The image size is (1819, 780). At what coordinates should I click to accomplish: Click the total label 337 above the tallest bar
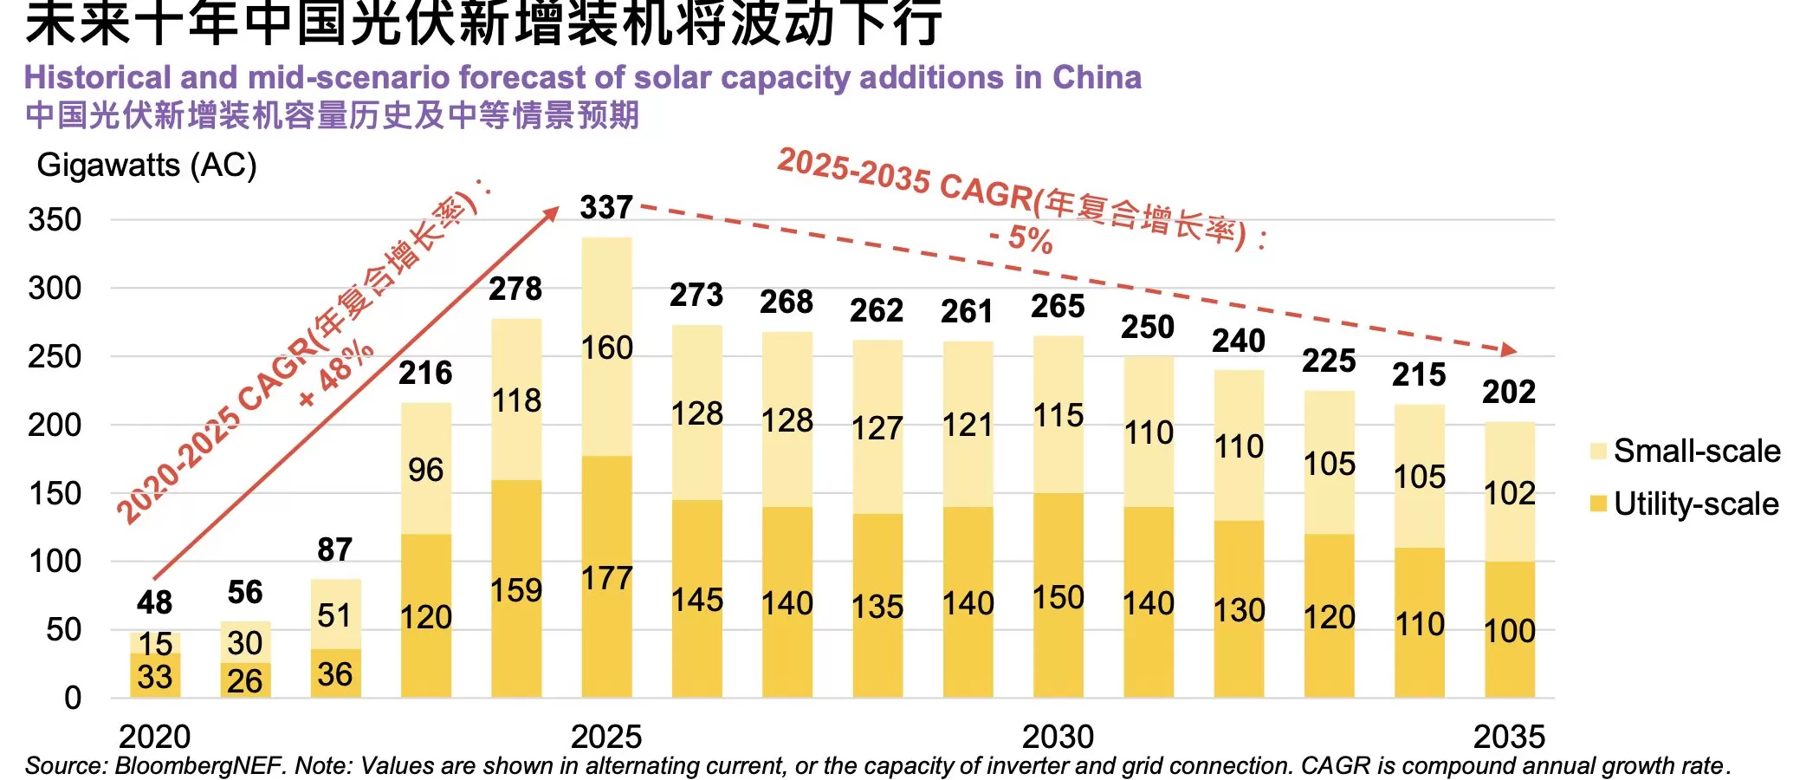pos(606,208)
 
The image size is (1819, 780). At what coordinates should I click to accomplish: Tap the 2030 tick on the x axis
pos(1058,737)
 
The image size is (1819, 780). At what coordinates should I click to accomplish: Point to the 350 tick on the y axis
pos(55,219)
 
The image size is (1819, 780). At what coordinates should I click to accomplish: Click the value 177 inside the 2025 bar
pos(606,579)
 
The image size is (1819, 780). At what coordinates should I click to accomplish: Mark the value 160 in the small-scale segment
pos(606,348)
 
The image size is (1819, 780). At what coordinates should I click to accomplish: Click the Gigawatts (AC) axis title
pos(146,166)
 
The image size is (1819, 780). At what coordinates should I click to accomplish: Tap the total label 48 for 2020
pos(154,602)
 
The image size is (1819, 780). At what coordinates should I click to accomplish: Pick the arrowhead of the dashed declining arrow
pos(1509,349)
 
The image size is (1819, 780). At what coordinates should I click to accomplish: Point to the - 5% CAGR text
pos(1021,238)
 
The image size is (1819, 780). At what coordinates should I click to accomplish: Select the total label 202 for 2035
pos(1509,392)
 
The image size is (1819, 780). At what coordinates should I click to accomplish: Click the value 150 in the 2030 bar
pos(1058,598)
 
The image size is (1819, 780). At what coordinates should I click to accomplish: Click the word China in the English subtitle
pos(1097,78)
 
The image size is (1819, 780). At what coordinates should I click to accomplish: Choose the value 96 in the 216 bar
pos(425,471)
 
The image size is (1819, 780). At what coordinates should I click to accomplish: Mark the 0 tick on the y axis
pos(73,698)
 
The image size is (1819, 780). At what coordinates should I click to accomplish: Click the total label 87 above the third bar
pos(334,549)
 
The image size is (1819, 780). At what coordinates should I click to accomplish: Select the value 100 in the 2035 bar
pos(1509,631)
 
